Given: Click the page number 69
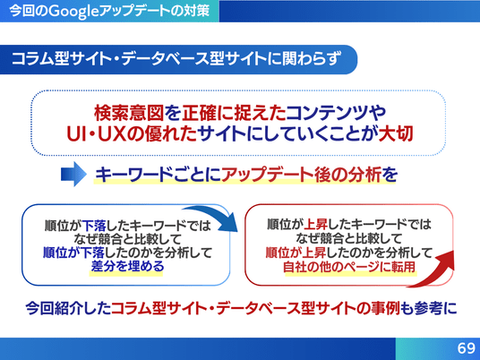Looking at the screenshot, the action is tap(467, 348).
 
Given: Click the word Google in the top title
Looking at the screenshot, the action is tap(73, 12).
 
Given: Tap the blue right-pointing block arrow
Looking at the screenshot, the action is tap(73, 174).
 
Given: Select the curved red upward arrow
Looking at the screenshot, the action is tap(432, 270).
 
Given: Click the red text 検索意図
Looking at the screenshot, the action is tap(129, 113).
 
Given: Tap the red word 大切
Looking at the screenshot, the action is tap(396, 133).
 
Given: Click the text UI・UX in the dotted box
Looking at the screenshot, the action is tap(96, 134).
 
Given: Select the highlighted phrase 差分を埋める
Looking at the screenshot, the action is tap(127, 266).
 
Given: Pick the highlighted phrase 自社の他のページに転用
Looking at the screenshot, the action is tap(349, 267).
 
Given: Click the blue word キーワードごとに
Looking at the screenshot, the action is tap(158, 176).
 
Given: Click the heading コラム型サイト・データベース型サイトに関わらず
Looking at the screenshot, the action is tap(176, 59).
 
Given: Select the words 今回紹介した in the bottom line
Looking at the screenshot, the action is tap(68, 308).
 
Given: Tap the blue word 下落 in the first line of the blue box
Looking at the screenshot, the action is tap(94, 226).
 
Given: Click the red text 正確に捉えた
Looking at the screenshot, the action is tap(234, 113).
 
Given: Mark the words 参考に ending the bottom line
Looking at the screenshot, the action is tap(435, 308).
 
